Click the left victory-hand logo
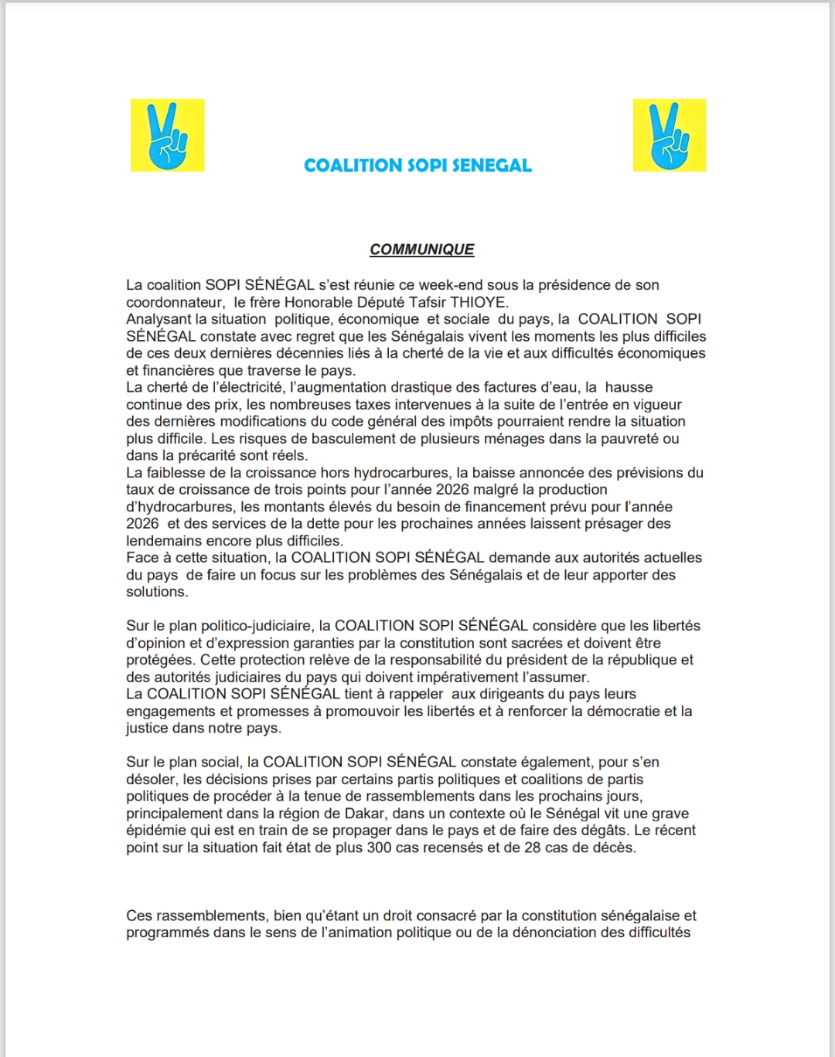click(167, 135)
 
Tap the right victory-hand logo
click(669, 135)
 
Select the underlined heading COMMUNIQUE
click(421, 250)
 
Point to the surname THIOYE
click(478, 302)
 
